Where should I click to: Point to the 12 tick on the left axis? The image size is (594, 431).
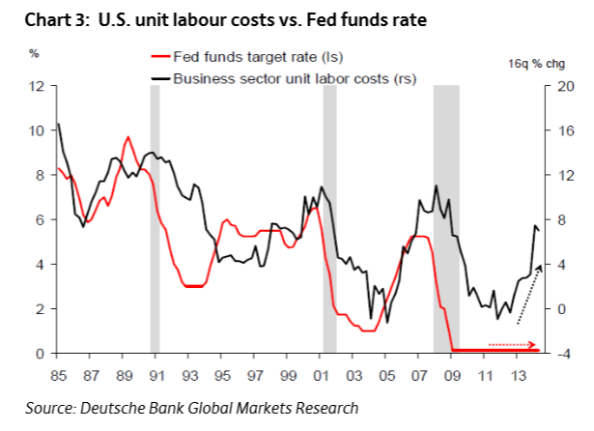(39, 86)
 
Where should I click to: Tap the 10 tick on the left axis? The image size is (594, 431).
(39, 130)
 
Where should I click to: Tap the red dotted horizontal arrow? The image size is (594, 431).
(509, 343)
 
